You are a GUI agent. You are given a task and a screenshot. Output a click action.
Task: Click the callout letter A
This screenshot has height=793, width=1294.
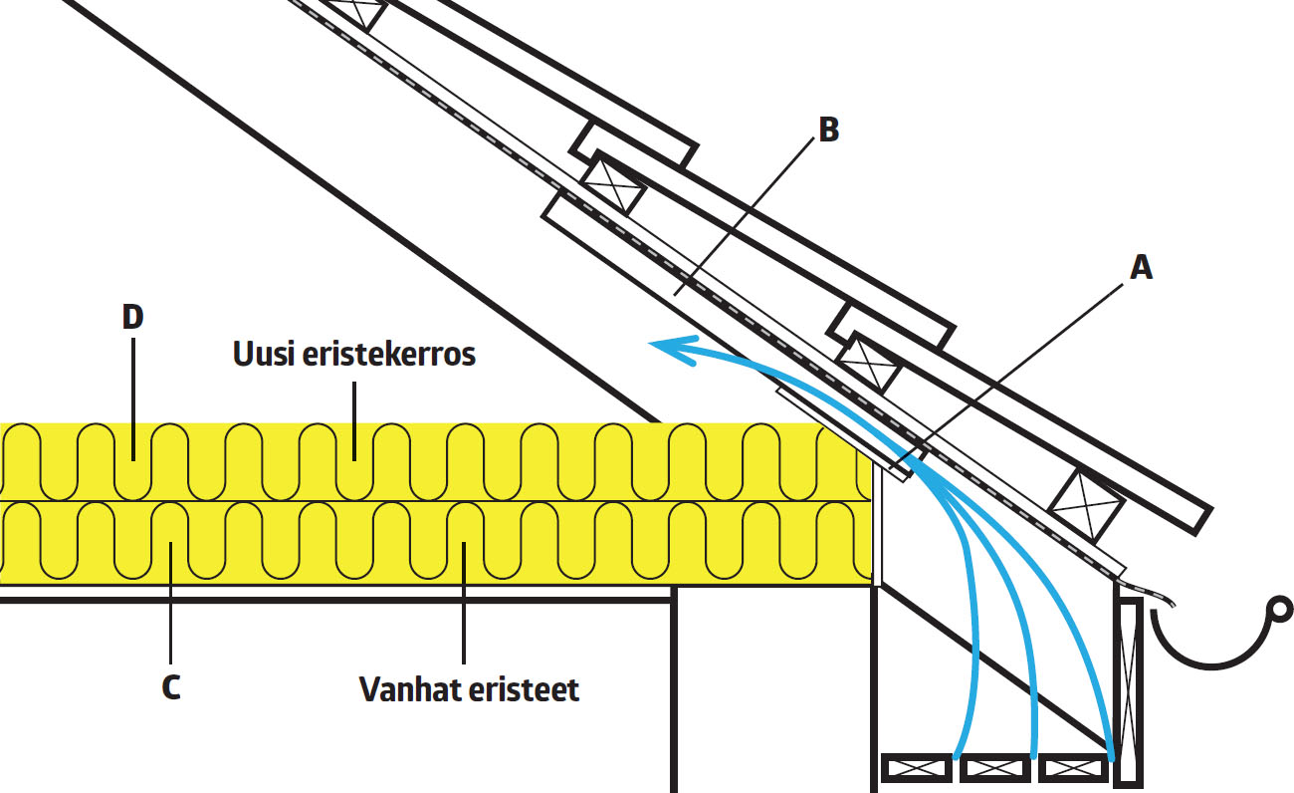pyautogui.click(x=1141, y=266)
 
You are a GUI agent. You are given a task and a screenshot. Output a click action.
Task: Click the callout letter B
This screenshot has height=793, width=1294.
pyautogui.click(x=827, y=131)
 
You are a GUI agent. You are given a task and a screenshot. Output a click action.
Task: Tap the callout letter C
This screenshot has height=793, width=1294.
pyautogui.click(x=170, y=687)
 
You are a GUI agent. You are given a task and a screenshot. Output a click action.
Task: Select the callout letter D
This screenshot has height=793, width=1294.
pyautogui.click(x=132, y=317)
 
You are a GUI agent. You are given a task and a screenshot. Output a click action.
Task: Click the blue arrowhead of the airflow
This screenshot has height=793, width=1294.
pyautogui.click(x=661, y=345)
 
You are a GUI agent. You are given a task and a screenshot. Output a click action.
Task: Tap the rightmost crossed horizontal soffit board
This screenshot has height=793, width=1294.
pyautogui.click(x=1072, y=769)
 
